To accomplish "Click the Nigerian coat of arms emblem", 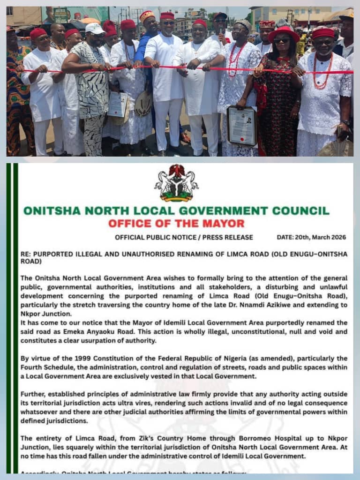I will tap(176, 183).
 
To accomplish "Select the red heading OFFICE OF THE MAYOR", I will tap(176, 224).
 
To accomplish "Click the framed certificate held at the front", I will tap(242, 126).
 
